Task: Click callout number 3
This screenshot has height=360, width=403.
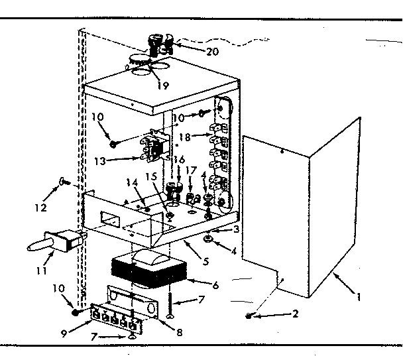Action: (x=236, y=229)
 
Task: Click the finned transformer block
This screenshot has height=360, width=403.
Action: (x=147, y=272)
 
